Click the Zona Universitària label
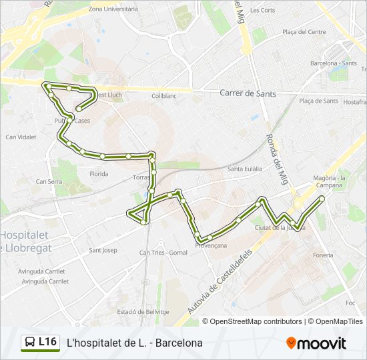click(x=113, y=9)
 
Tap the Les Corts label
click(x=262, y=10)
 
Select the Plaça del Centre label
click(x=304, y=31)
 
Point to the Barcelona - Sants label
click(x=334, y=63)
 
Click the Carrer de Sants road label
click(x=248, y=93)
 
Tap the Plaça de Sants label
click(x=318, y=101)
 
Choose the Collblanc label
click(x=163, y=96)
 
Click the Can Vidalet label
click(x=21, y=137)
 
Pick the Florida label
click(x=99, y=174)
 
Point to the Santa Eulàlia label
click(x=244, y=169)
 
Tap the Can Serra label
click(x=49, y=181)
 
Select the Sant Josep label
click(x=103, y=251)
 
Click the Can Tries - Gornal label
click(x=163, y=253)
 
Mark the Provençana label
click(x=211, y=245)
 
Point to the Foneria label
click(x=322, y=255)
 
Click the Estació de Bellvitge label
click(x=143, y=312)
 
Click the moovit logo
click(x=316, y=343)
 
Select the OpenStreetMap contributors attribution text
click(x=256, y=321)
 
